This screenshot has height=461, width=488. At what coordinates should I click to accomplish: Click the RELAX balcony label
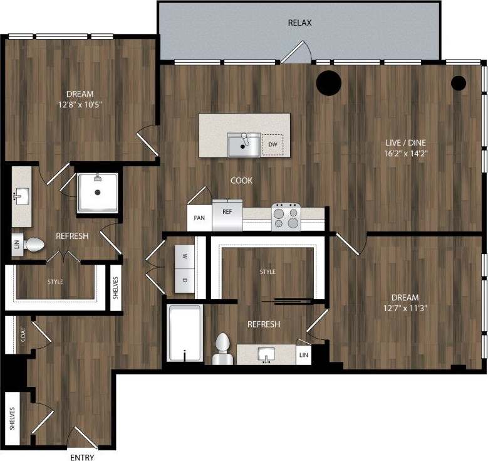(x=299, y=23)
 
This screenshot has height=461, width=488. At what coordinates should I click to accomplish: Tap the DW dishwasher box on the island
(x=272, y=144)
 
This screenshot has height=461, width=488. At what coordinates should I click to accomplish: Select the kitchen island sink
(x=244, y=145)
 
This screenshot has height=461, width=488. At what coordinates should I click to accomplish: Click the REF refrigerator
(x=227, y=216)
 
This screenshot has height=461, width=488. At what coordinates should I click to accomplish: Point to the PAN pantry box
(x=199, y=218)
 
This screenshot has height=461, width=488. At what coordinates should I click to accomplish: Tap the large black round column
(x=328, y=82)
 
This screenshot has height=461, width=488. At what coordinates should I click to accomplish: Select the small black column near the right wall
(x=459, y=82)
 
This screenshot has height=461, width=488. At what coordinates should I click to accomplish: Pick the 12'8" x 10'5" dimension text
(x=80, y=105)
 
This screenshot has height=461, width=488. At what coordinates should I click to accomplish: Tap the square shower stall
(x=97, y=193)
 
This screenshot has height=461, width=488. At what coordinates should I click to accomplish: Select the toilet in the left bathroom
(x=34, y=244)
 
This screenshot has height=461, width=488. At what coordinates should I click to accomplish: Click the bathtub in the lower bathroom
(x=185, y=333)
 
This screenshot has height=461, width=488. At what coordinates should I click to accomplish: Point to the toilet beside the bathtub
(x=222, y=349)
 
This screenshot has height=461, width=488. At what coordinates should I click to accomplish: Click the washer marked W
(x=185, y=256)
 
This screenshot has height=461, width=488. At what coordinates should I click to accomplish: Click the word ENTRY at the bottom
(x=83, y=457)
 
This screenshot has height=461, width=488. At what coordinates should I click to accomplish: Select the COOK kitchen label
(x=241, y=181)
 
